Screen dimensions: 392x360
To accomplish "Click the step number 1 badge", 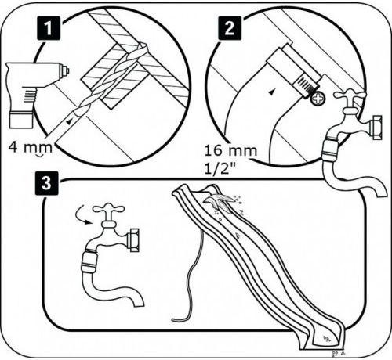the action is (x=49, y=28).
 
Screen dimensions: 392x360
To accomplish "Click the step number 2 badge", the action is (x=230, y=28).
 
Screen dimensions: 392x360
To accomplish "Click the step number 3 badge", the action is (x=47, y=183).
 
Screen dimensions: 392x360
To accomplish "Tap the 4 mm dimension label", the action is (x=31, y=147).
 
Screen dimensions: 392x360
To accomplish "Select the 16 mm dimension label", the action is (x=230, y=151).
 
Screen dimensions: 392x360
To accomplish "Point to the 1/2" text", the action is (x=219, y=170).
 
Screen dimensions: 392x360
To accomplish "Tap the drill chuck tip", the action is (x=65, y=70).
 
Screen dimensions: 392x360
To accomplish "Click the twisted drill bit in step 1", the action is (x=110, y=79).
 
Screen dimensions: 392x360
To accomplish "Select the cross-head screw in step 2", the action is (x=318, y=99).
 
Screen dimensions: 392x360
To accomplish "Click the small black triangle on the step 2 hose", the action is (x=272, y=92).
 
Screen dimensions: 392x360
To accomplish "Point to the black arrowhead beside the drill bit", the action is (x=70, y=121).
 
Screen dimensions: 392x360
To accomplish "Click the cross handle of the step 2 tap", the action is (x=350, y=95).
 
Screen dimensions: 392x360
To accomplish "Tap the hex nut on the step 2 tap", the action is (x=376, y=128).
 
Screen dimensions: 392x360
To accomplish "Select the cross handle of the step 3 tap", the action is (x=109, y=209).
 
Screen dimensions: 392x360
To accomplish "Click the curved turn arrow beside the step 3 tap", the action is (x=82, y=215).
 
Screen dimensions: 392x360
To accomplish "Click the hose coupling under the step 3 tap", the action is (x=89, y=261).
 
